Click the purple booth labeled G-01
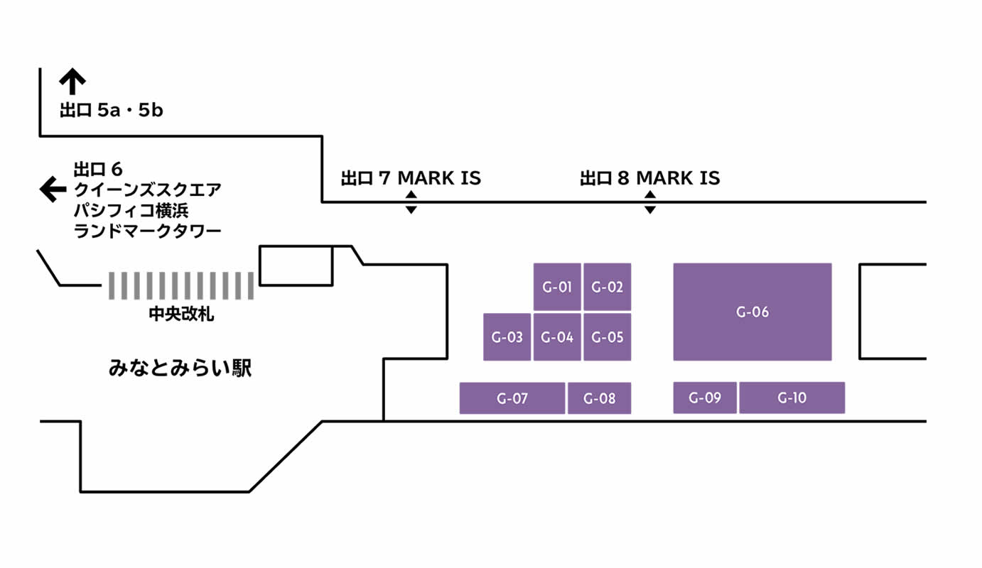tap(557, 287)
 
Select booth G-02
tap(608, 287)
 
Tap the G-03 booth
tap(507, 337)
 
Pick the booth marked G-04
tap(557, 337)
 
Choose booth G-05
tap(608, 337)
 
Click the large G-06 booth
tap(752, 312)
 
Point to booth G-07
tap(512, 398)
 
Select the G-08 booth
tap(600, 398)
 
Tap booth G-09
tap(705, 398)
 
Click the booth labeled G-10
tap(792, 398)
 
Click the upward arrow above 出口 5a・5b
tap(72, 82)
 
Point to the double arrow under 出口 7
tap(411, 203)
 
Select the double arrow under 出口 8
tap(649, 203)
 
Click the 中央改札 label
tap(181, 314)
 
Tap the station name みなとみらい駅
tap(180, 368)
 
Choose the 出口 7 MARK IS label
tap(411, 177)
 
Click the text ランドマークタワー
tap(148, 231)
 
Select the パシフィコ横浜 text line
tap(131, 210)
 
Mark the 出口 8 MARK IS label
tap(649, 177)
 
